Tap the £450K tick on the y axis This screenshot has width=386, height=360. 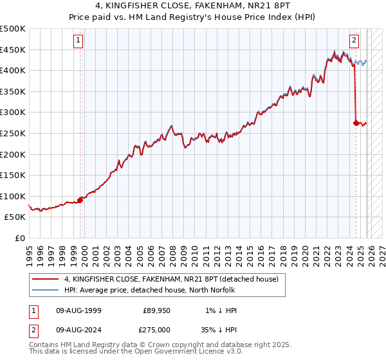[13, 50]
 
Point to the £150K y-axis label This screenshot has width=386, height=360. [13, 175]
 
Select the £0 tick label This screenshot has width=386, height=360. [19, 238]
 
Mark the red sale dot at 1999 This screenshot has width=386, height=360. [80, 200]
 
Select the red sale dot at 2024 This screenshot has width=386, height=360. [356, 123]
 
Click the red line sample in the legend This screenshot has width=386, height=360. [46, 279]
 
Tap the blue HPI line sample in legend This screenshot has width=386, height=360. [46, 290]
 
